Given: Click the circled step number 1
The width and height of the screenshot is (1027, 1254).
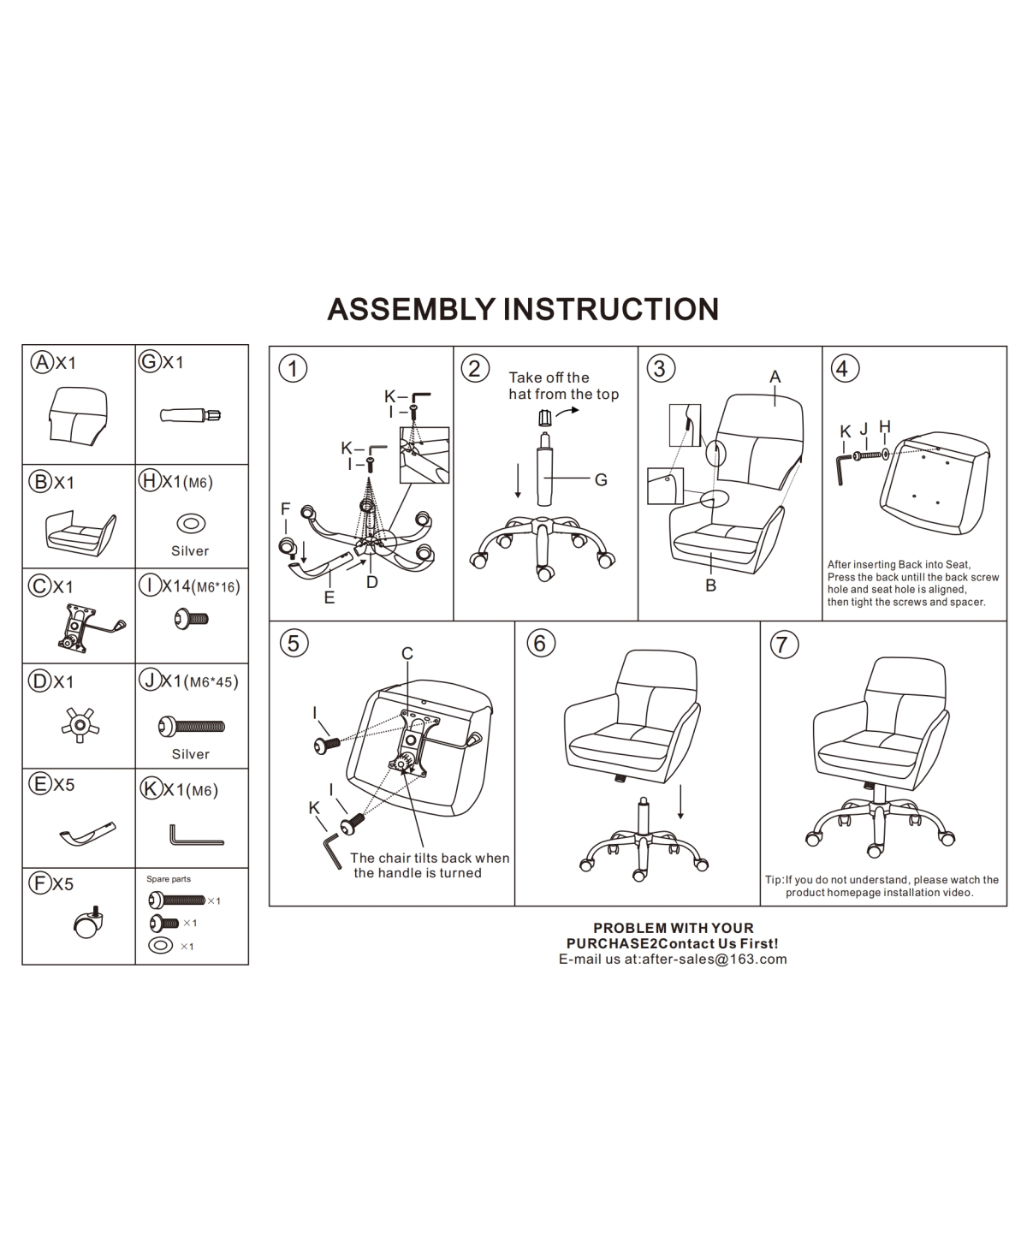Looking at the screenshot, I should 293,369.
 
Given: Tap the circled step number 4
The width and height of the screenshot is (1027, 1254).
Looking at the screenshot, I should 842,369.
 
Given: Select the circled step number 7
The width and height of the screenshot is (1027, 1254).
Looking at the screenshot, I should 783,644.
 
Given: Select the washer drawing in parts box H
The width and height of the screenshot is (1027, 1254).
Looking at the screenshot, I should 190,523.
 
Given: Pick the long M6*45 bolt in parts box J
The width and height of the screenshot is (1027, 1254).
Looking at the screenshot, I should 192,727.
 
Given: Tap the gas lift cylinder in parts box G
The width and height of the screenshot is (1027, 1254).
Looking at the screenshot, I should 190,416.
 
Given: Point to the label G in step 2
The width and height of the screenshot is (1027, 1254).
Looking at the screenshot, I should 601,480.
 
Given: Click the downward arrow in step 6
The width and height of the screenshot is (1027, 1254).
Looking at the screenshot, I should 680,802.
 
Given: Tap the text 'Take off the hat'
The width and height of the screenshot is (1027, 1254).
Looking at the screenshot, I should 549,377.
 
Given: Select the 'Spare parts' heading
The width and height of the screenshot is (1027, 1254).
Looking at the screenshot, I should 168,879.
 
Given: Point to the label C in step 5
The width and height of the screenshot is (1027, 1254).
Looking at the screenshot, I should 407,654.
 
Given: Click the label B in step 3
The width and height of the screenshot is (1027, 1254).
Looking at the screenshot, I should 710,586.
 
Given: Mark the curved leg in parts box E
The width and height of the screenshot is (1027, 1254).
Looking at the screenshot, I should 86,831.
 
